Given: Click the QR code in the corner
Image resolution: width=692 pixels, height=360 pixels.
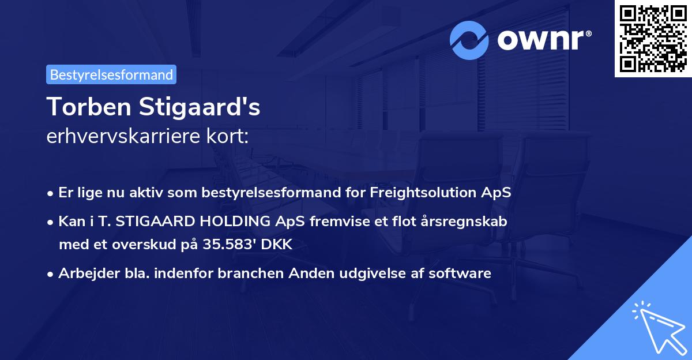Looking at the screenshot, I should [653, 38].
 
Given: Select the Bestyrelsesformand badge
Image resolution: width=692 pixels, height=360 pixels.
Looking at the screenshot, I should [111, 74].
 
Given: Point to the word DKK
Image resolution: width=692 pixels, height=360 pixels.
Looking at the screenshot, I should [277, 245].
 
